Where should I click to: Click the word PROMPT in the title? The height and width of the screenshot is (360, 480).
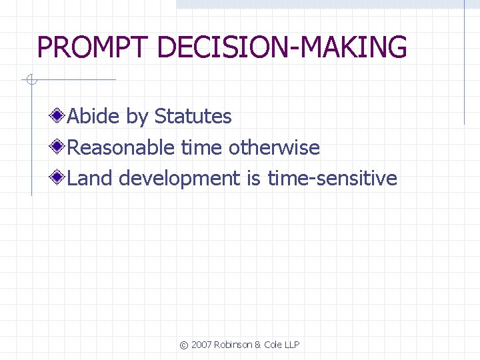tap(93, 48)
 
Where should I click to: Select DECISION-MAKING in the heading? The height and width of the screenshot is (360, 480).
tap(281, 48)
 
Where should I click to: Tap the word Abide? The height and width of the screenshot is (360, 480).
tap(94, 117)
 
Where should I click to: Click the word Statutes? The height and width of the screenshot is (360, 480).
tap(193, 117)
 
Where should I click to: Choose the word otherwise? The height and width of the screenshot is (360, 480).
tap(274, 147)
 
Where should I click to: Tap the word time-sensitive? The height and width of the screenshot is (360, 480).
tap(332, 179)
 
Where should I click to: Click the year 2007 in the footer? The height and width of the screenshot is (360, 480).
tap(201, 345)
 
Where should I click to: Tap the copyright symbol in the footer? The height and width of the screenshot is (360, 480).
tap(183, 345)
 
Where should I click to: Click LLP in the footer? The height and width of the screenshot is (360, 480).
tap(291, 345)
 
